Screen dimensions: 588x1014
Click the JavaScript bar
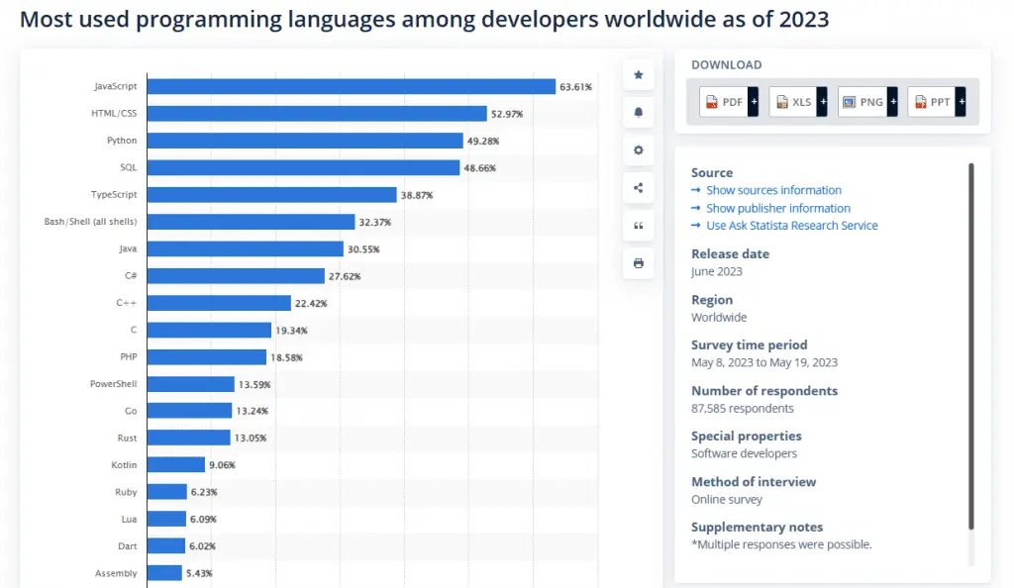351,87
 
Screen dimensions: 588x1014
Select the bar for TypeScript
271,195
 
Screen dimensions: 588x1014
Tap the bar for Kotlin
175,464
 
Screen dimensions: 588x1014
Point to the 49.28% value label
483,142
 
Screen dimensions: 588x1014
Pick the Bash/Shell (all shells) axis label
90,222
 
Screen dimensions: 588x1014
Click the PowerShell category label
113,384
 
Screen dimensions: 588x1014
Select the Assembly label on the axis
115,573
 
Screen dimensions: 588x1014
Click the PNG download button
866,102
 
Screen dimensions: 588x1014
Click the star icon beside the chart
638,75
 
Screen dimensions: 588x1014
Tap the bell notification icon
638,113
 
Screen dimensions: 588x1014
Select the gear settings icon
638,150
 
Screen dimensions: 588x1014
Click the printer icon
638,263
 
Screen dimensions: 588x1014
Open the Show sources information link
773,190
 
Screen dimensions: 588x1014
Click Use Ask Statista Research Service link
791,226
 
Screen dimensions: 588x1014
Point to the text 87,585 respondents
742,408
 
